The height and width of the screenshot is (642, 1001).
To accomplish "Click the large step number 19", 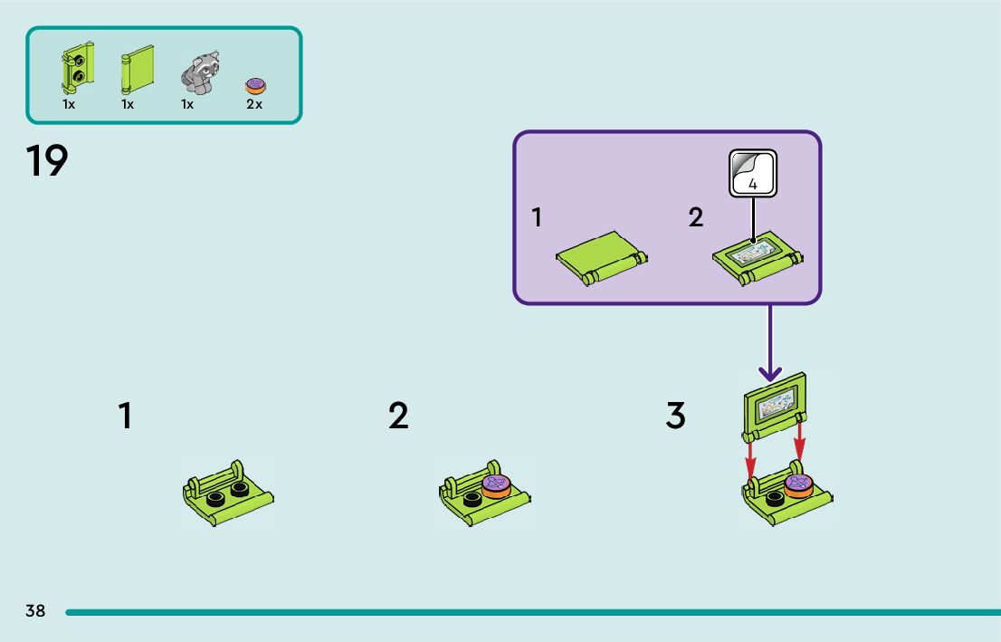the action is point(46,160).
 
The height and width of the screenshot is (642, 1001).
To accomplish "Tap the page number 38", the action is point(35,610).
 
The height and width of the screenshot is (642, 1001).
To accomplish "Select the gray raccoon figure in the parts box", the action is point(199,72).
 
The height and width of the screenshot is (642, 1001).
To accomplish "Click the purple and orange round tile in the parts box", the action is point(255,86).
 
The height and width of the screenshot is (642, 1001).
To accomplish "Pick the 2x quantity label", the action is point(254,104).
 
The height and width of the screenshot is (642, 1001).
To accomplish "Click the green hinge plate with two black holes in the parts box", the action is point(78,68).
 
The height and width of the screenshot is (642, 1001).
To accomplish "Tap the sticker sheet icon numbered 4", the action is point(753,173).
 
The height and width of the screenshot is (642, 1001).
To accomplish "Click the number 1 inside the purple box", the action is point(537,217).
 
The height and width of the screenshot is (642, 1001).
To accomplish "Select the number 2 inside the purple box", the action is point(696,217).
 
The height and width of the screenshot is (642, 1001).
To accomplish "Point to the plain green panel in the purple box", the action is point(601,258).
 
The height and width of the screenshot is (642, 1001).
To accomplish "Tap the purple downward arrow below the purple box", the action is point(770,343).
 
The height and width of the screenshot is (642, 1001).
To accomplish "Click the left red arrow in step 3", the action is point(751,460).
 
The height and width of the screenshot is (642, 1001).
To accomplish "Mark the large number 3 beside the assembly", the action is point(675,416).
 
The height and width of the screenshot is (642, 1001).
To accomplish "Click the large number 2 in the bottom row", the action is point(398,416).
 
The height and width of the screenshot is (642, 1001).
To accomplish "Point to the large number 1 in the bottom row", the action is point(125,416).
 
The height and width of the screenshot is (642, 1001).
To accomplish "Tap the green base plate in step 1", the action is point(228,493).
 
